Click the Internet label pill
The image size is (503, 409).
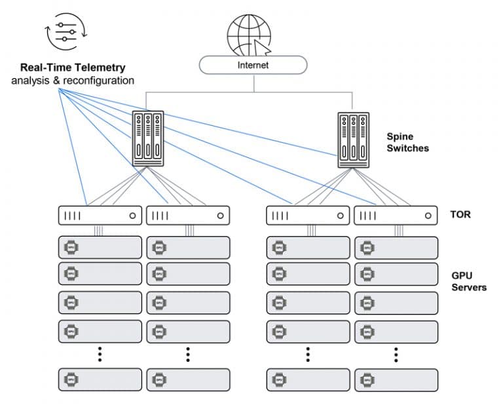(x=253, y=65)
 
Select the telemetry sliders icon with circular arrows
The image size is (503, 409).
(x=65, y=32)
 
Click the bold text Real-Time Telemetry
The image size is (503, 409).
(x=73, y=68)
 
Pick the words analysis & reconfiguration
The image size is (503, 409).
(x=73, y=81)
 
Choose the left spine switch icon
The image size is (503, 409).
(x=147, y=138)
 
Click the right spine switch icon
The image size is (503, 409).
(x=354, y=140)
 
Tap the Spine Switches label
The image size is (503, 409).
(x=407, y=142)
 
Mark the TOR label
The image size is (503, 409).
(x=460, y=214)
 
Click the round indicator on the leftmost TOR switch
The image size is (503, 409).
(x=133, y=215)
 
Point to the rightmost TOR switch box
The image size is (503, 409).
(x=396, y=215)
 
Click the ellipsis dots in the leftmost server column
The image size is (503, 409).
(x=100, y=354)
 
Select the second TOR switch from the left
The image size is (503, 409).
(x=188, y=215)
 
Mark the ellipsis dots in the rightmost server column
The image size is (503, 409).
(x=396, y=354)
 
